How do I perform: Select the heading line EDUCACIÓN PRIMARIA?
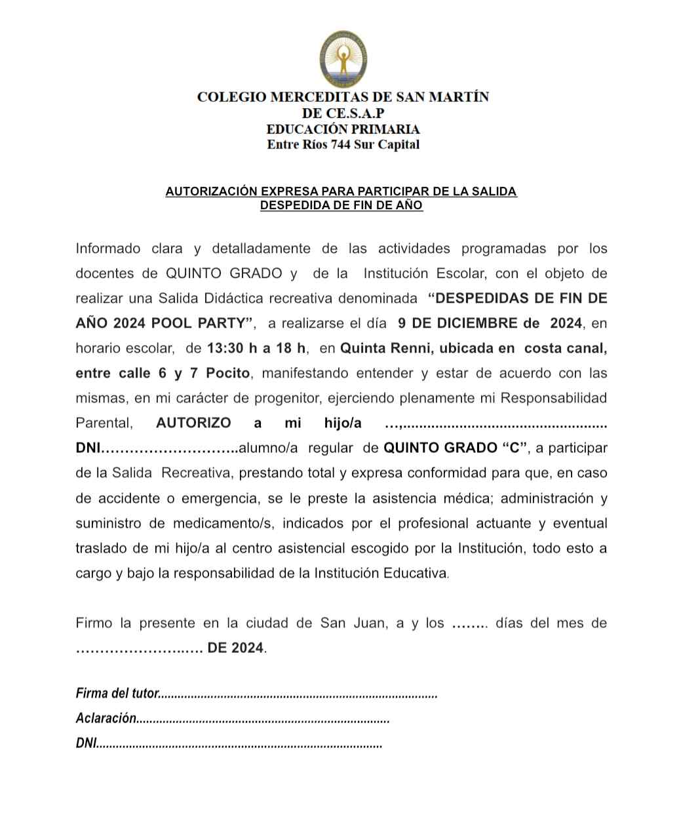point(343,129)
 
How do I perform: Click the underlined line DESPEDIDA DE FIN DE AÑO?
point(341,205)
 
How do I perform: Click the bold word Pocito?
point(228,373)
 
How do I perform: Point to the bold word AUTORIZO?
point(193,423)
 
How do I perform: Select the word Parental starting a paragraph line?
point(104,423)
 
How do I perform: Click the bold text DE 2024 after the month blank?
point(236,648)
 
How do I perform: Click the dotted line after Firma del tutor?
point(299,694)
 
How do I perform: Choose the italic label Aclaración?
point(106,718)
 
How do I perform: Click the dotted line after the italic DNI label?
point(239,743)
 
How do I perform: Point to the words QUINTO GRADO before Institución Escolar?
point(224,273)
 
